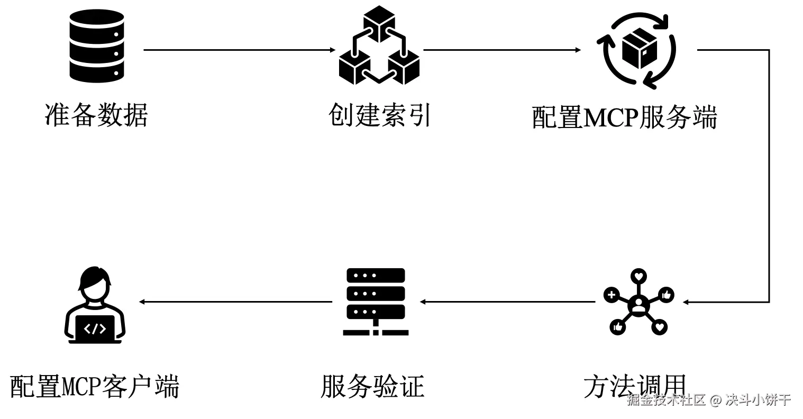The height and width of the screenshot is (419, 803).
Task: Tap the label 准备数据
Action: (x=96, y=115)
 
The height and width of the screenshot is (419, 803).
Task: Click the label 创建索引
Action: (x=379, y=115)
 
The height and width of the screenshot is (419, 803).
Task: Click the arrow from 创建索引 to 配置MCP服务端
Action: (x=502, y=50)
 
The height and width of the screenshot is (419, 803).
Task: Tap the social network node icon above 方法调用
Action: (x=638, y=303)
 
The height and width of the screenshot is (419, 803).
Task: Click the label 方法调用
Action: (x=635, y=386)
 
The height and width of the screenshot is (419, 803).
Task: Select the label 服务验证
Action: (x=372, y=386)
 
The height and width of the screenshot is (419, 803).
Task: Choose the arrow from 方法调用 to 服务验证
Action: (x=508, y=302)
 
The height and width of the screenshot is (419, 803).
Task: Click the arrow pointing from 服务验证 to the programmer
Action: (x=235, y=302)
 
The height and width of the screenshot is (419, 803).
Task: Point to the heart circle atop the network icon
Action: (x=639, y=276)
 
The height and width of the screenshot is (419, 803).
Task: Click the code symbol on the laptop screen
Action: (x=95, y=329)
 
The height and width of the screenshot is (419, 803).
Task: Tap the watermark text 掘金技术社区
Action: (x=667, y=400)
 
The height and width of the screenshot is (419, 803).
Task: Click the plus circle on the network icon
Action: (x=612, y=295)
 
